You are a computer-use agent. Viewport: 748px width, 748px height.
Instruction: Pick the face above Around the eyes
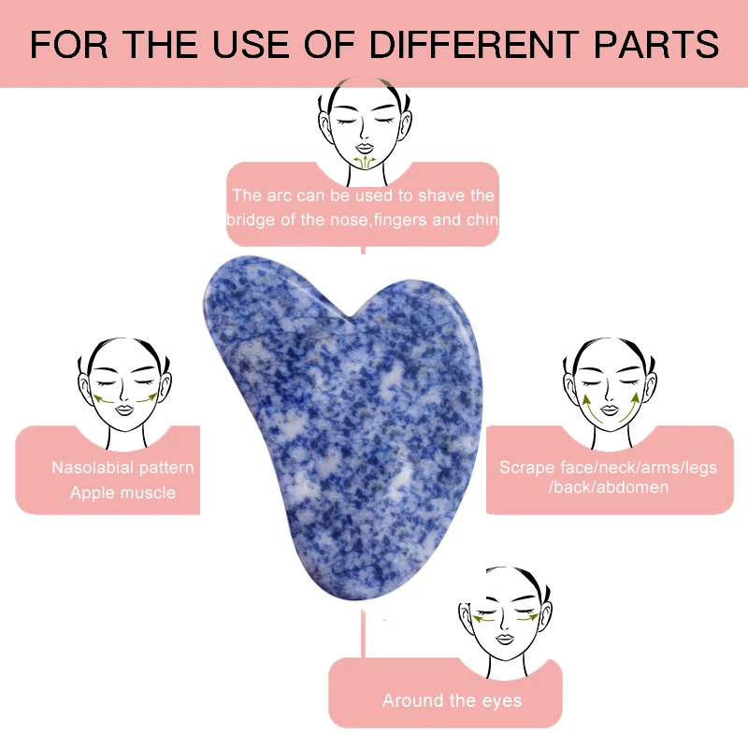coord(505,617)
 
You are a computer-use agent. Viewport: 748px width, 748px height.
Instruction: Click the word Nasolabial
coord(94,467)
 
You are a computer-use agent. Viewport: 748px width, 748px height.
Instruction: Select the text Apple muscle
coord(122,492)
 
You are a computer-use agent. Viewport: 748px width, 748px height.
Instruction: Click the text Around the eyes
coord(452,700)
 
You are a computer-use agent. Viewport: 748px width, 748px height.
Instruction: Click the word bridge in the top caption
coord(250,221)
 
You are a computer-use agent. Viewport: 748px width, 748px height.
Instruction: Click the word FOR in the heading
coord(65,44)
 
